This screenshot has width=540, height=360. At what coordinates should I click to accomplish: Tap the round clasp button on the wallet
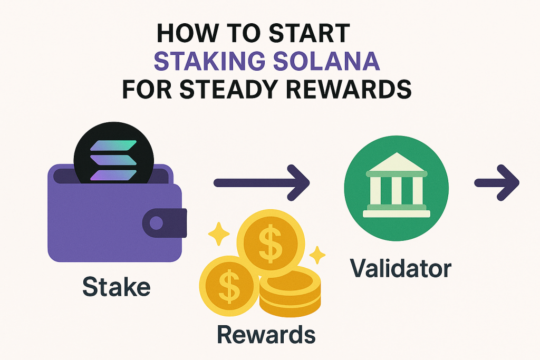(157, 223)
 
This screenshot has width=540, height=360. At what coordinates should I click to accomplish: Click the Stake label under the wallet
(117, 287)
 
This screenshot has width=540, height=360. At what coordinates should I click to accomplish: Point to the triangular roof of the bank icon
(396, 163)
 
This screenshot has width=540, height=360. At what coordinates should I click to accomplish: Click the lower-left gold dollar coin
(228, 287)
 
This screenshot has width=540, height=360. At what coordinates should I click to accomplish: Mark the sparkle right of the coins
(318, 255)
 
